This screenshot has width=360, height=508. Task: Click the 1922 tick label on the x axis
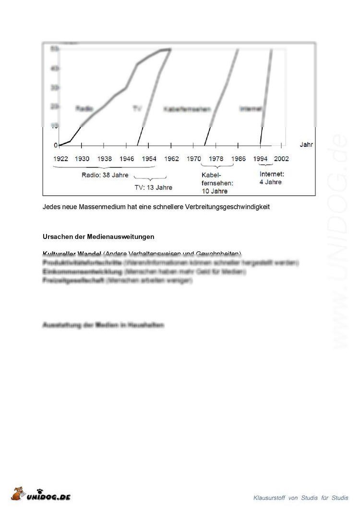coord(61,159)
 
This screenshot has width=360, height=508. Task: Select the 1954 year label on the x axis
coord(149,159)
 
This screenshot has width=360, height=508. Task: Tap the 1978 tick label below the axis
coord(216,159)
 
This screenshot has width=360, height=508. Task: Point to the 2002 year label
coord(281,159)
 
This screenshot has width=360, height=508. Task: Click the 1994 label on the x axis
coord(260,159)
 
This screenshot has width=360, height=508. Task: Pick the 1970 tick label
coord(194,159)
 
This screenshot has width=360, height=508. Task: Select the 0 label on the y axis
coord(56,145)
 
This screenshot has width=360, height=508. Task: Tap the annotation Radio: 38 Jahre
coord(105,175)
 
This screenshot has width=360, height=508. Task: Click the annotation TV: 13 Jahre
coord(153,188)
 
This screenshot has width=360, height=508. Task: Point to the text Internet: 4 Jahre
coord(272,178)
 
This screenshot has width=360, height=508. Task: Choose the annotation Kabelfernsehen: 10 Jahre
coord(217,183)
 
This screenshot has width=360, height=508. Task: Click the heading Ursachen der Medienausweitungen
coord(98,237)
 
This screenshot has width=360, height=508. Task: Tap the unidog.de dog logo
coord(20,493)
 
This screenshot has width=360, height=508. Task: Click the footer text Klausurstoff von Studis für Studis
coord(301,497)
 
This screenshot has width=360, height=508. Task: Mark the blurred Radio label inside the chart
coord(84,109)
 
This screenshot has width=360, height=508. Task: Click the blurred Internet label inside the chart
coord(251,109)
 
